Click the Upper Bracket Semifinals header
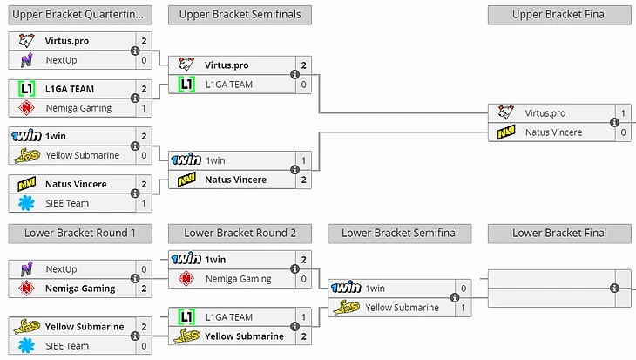tap(240, 15)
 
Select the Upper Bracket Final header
tap(559, 15)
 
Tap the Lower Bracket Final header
tap(559, 233)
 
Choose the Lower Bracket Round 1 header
tap(80, 233)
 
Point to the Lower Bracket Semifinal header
tap(400, 233)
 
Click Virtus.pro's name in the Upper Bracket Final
tap(545, 113)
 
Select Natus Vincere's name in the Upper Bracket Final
tap(553, 132)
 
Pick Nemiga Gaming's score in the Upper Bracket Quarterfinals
tap(144, 108)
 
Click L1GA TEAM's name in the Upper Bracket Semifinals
tap(229, 85)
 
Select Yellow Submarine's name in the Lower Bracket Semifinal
tap(402, 307)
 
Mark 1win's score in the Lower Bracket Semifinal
tap(463, 289)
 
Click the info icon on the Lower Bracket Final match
tap(614, 289)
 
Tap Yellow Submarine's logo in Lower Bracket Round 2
tap(186, 336)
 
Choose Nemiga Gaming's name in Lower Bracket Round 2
tap(238, 279)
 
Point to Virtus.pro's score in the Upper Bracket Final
tap(623, 113)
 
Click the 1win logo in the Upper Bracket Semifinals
tap(186, 160)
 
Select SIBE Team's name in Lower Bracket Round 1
tap(67, 346)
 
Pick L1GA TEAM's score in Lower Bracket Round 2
tap(303, 317)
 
